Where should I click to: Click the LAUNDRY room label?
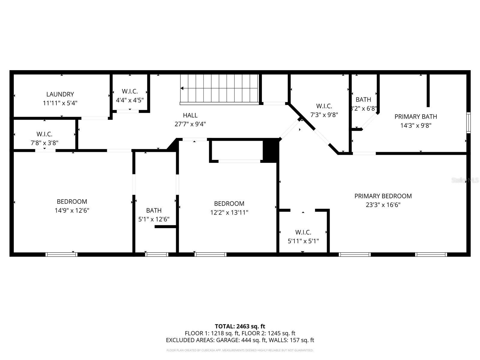(x=60, y=94)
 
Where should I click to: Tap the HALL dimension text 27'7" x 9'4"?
(x=190, y=124)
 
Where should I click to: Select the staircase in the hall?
(x=219, y=88)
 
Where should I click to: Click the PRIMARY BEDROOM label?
(x=383, y=196)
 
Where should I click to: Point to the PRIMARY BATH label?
(x=415, y=116)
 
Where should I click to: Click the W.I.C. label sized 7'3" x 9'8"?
(x=324, y=106)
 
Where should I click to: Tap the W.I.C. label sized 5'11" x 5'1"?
(x=303, y=232)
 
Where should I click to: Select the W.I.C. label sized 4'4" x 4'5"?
(x=130, y=91)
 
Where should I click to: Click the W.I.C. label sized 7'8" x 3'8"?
(x=44, y=134)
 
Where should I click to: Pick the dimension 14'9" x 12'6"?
(x=72, y=210)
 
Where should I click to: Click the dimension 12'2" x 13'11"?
(x=229, y=212)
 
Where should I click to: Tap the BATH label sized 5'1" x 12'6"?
(x=154, y=210)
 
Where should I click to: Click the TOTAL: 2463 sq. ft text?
(x=240, y=326)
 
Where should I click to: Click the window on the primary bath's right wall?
(x=468, y=122)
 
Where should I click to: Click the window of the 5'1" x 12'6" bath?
(x=157, y=254)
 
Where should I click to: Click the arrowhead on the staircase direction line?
(x=182, y=88)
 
